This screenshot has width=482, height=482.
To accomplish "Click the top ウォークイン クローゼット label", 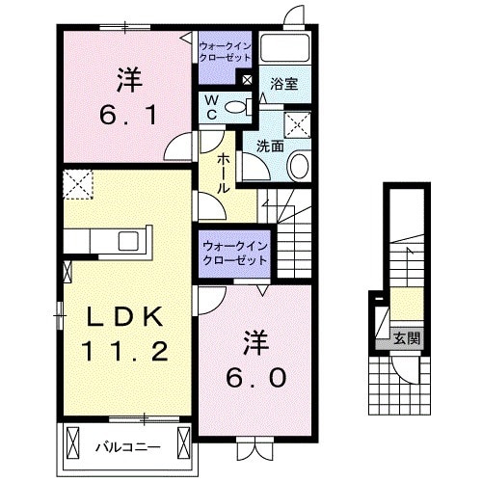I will pos(226,50).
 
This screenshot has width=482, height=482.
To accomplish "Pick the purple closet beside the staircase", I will pos(236,254).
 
